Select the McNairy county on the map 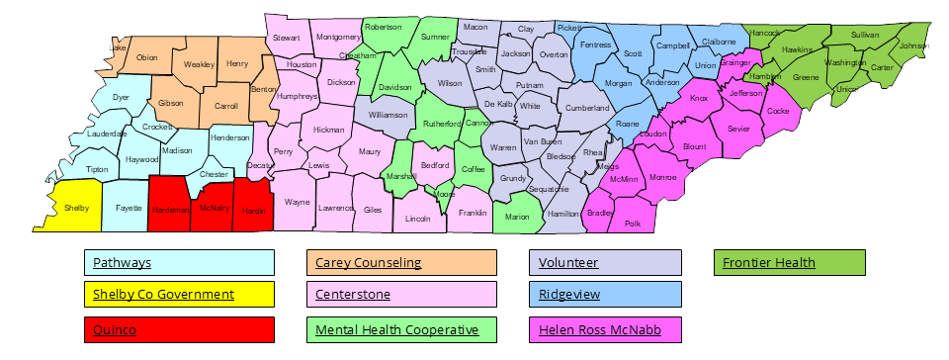click(214, 208)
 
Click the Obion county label click(146, 57)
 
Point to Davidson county click(394, 88)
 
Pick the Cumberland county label click(588, 108)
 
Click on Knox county click(699, 99)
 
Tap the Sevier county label click(737, 129)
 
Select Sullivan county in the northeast click(864, 35)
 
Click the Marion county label click(517, 217)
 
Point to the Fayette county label click(128, 208)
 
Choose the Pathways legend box click(179, 263)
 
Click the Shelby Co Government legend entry click(179, 295)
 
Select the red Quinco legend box click(179, 330)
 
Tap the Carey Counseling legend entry click(401, 263)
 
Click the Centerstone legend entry click(401, 295)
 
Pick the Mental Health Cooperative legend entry click(401, 330)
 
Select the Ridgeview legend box click(606, 295)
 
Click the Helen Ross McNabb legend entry click(606, 330)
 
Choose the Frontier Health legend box click(789, 263)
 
